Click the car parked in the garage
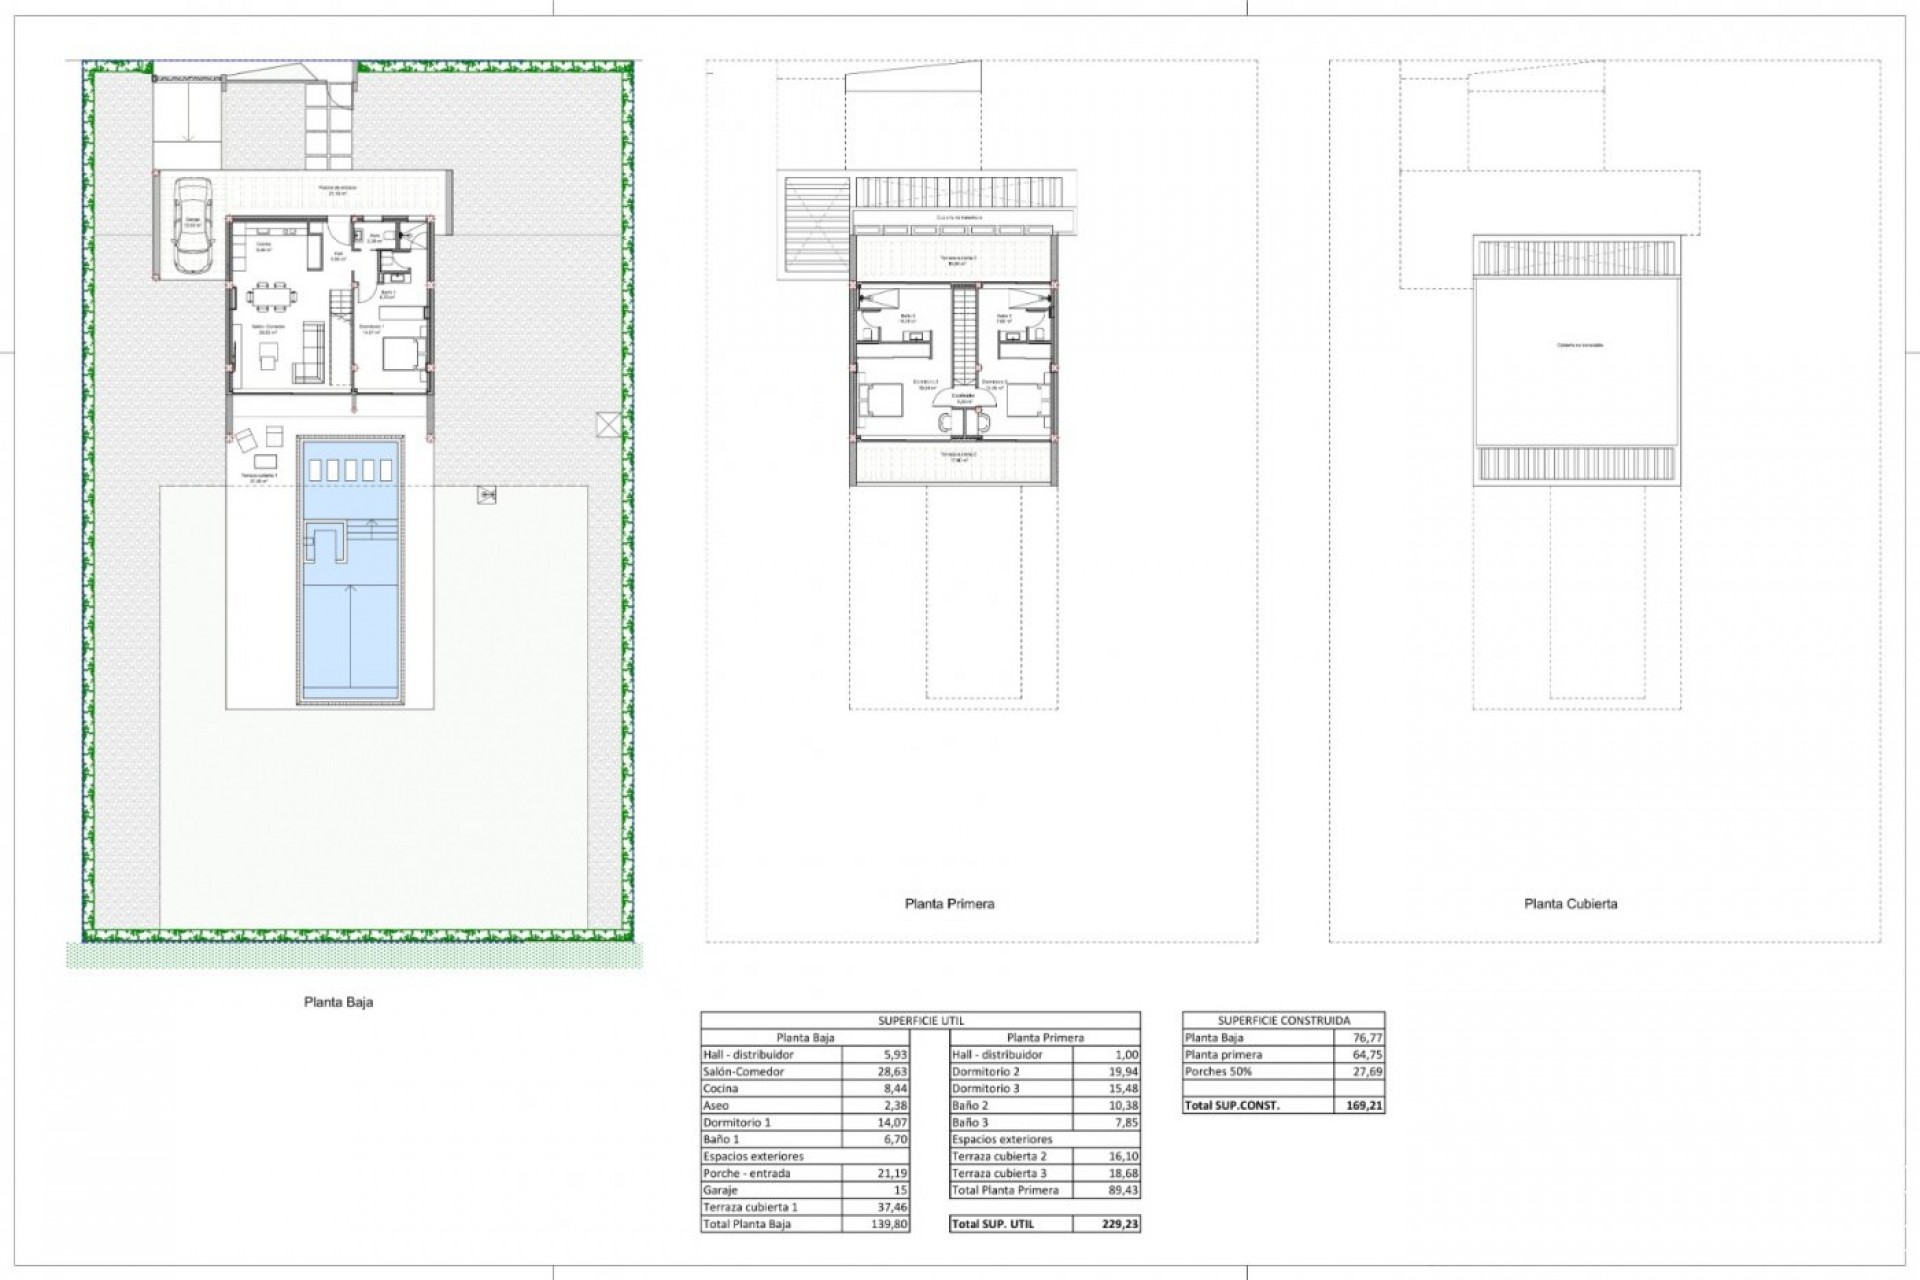pos(191,225)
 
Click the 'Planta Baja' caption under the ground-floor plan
pos(338,1001)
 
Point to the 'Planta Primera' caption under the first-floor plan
pos(949,904)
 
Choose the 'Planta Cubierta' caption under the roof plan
pos(1570,904)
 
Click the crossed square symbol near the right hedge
pos(607,425)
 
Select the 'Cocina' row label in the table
pos(721,1088)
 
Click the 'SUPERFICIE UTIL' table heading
pos(921,1020)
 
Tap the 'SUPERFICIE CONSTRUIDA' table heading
pos(1284,1020)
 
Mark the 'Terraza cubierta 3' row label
pos(999,1173)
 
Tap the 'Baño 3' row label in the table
pos(970,1122)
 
